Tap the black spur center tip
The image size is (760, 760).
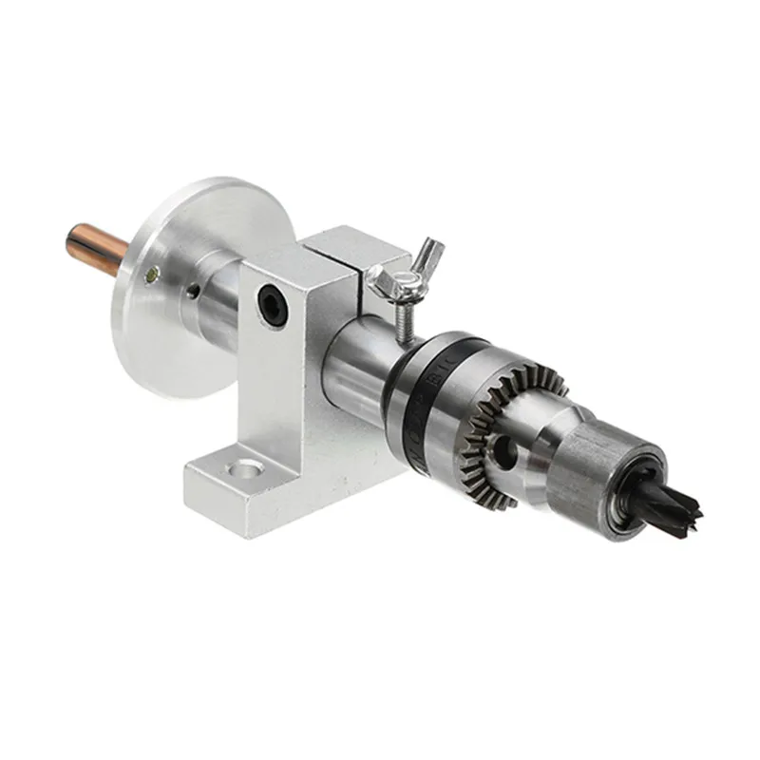[x=676, y=503]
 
